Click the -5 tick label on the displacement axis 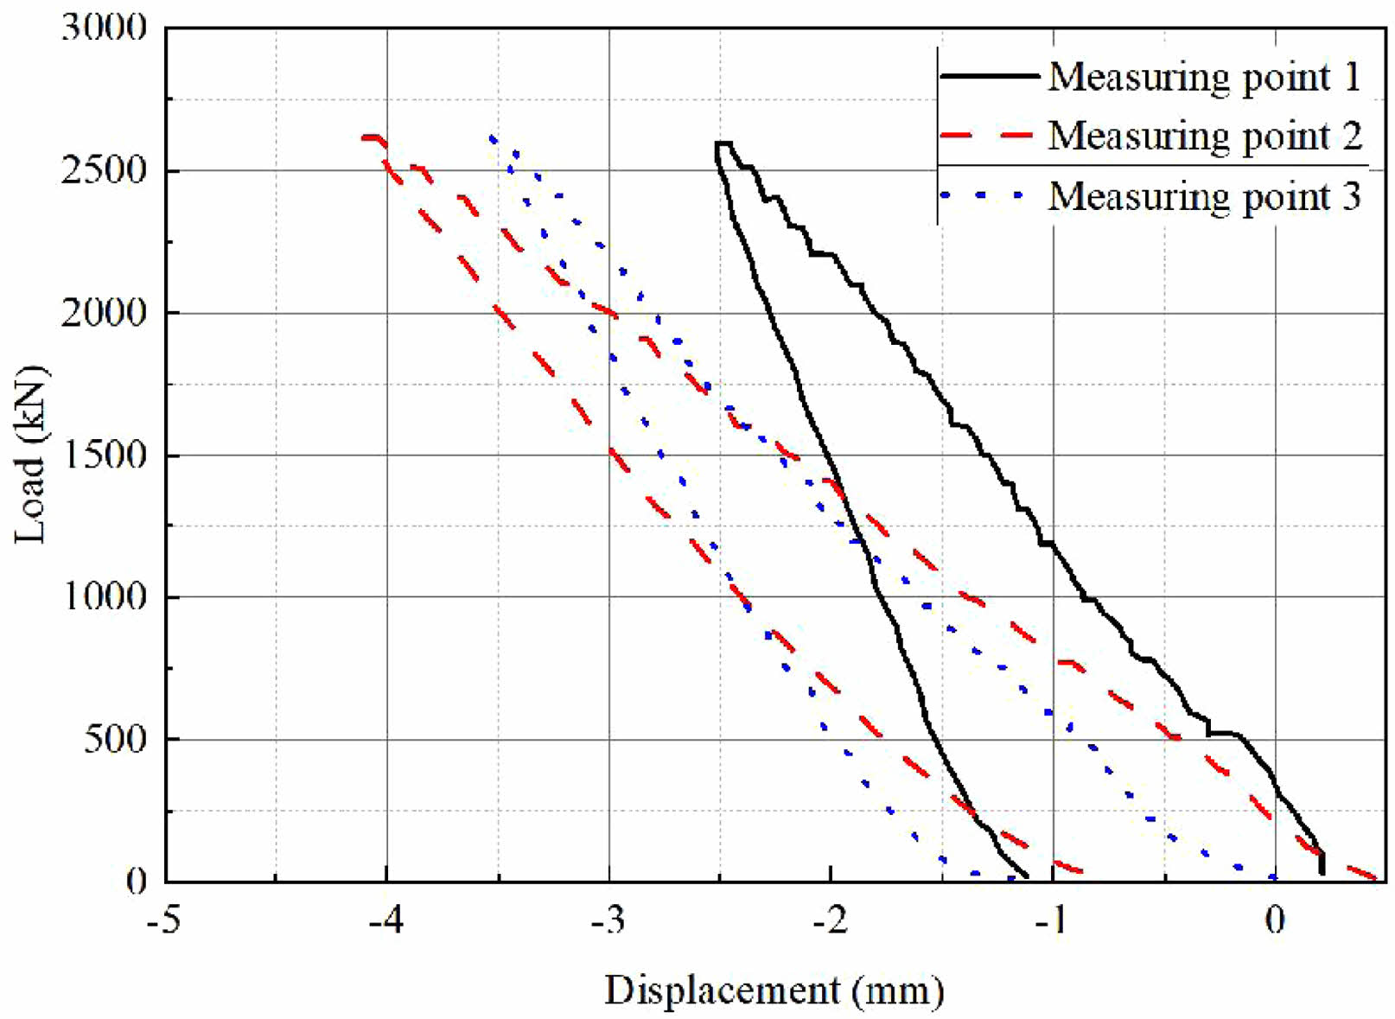point(163,921)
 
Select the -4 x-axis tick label point(385,921)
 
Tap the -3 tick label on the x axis point(608,921)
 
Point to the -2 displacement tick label point(830,921)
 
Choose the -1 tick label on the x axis point(1052,921)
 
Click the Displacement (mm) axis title point(774,990)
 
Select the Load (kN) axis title point(31,455)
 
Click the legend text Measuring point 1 point(1204,77)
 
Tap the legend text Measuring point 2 point(1204,136)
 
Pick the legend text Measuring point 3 point(1204,196)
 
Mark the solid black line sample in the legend point(989,77)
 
